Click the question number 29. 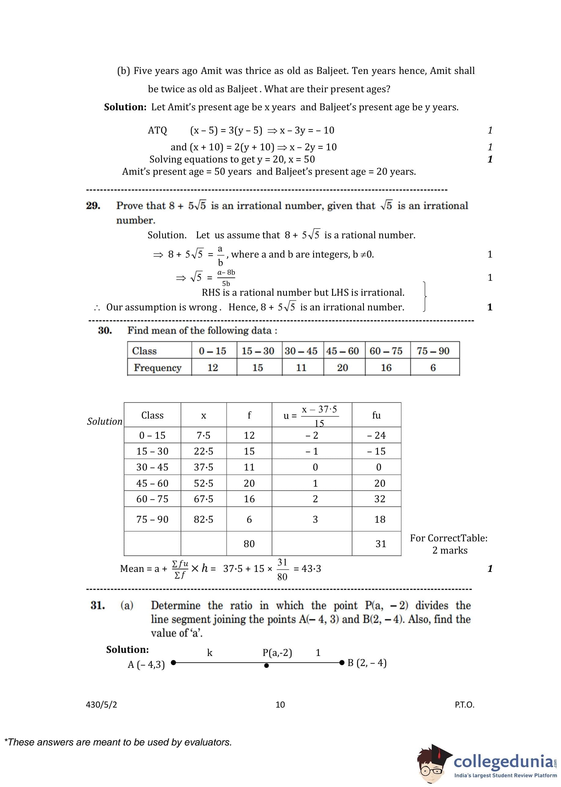93,206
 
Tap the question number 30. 105,330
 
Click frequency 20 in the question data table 342,368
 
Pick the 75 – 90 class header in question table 433,351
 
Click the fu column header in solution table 376,415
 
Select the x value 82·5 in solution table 204,519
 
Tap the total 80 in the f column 249,544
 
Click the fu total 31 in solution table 381,544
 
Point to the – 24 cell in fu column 376,435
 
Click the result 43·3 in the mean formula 311,569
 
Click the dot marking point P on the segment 266,665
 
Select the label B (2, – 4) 367,663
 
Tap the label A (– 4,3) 146,664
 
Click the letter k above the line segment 210,652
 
